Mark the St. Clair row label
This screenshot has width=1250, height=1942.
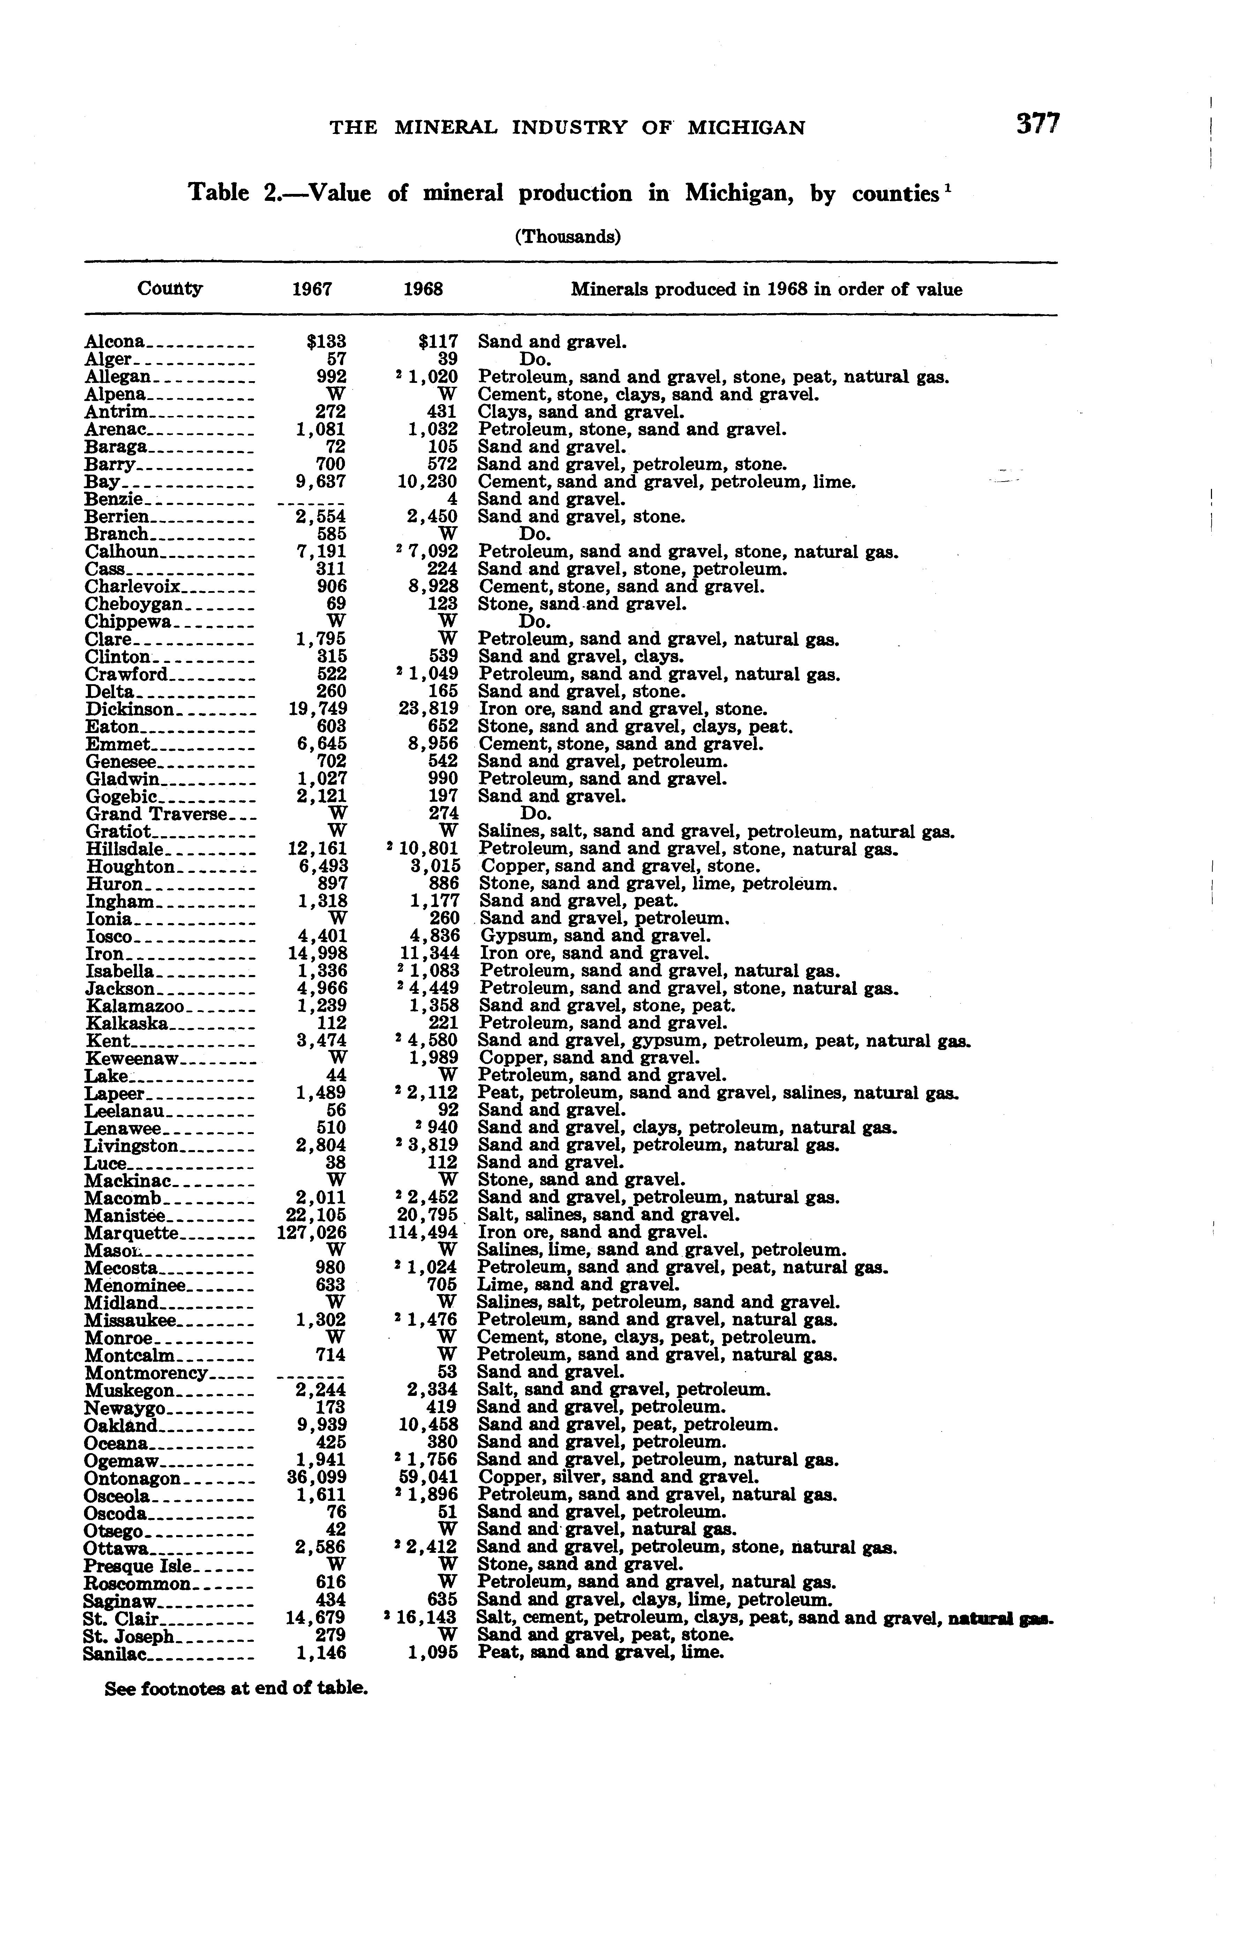[111, 1617]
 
